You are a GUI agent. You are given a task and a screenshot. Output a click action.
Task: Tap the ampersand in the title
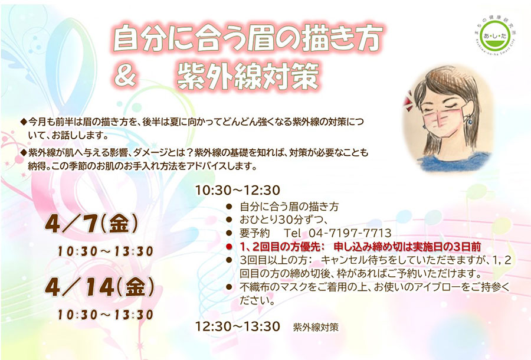126,77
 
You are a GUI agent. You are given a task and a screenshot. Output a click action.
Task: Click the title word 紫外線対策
248,77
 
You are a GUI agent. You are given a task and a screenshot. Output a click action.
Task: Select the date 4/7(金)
92,224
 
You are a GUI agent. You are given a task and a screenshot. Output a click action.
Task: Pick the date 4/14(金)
100,287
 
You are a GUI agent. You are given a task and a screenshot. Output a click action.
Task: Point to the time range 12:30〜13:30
238,326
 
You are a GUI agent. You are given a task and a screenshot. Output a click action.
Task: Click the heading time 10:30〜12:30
238,190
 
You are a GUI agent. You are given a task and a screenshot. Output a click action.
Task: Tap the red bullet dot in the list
230,247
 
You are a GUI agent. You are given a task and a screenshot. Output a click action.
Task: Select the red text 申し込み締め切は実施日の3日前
407,247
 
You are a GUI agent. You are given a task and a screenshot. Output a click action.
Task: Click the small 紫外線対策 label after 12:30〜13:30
316,327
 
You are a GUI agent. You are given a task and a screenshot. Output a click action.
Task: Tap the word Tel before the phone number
292,233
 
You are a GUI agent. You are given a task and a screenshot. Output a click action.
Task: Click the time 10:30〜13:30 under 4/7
106,251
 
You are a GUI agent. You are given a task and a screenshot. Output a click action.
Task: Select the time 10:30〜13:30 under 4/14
106,315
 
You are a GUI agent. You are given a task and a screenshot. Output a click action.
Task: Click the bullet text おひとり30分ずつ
283,220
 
